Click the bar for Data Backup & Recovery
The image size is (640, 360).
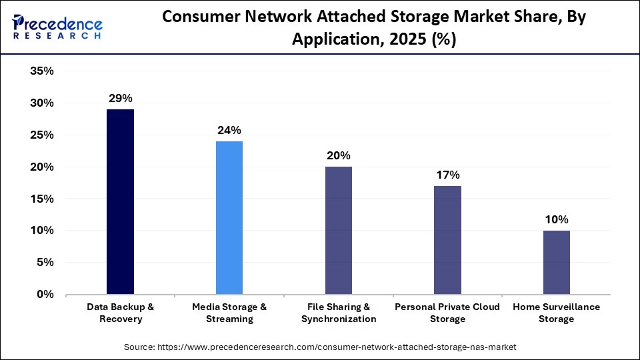click(120, 202)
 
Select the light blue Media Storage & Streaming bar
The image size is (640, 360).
click(229, 218)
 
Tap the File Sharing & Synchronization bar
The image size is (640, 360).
click(338, 231)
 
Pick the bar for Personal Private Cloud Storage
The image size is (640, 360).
click(447, 240)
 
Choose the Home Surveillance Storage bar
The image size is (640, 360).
click(556, 263)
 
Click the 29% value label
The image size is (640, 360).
click(120, 98)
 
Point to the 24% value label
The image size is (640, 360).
click(229, 130)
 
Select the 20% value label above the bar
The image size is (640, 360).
click(338, 155)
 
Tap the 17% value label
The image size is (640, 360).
click(447, 175)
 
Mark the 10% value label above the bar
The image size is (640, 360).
click(556, 219)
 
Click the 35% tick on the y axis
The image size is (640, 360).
click(41, 71)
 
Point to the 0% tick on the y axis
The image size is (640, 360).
click(45, 295)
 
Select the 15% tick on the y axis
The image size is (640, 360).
click(41, 199)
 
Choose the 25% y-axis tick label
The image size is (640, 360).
click(41, 135)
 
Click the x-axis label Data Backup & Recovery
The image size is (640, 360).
click(120, 313)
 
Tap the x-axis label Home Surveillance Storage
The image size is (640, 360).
click(556, 313)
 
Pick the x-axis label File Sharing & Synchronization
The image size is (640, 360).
click(338, 313)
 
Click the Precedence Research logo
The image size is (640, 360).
click(57, 27)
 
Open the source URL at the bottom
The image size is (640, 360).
click(320, 347)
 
